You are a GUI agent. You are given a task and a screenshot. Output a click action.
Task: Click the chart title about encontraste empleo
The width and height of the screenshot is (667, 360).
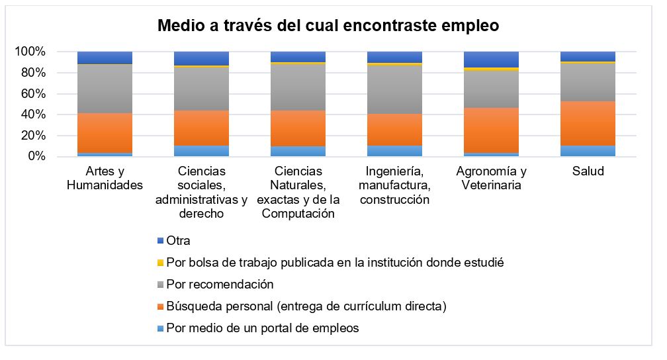tap(328, 26)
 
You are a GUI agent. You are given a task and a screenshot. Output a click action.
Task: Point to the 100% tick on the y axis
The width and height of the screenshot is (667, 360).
tap(30, 52)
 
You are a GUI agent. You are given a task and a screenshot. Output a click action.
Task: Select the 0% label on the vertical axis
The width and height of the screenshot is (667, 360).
tap(36, 157)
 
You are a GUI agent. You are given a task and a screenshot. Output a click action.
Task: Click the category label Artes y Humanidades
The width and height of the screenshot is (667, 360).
tap(105, 178)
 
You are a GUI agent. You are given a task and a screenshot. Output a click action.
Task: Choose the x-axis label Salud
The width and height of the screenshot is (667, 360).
tap(588, 171)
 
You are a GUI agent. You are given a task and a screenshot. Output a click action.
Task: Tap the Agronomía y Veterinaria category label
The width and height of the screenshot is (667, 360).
tap(491, 178)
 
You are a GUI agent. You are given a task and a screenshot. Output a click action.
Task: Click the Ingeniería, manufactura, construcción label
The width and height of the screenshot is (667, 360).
tap(394, 185)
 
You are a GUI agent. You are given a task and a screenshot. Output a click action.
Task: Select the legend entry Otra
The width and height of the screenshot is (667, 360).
tap(178, 241)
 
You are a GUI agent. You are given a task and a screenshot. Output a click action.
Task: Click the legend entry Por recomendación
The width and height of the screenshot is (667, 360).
tap(220, 285)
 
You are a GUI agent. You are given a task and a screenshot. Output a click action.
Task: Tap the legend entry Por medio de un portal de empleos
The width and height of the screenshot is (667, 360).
tap(263, 328)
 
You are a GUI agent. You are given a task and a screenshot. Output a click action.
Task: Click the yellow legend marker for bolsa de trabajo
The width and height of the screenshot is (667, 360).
tap(159, 263)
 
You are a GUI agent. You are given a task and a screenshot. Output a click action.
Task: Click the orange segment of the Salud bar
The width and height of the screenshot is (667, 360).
tap(588, 123)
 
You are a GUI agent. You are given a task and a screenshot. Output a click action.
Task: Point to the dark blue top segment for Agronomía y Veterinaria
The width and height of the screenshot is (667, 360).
tap(491, 59)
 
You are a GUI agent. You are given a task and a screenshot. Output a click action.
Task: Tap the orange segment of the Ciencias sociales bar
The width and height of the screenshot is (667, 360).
tap(201, 128)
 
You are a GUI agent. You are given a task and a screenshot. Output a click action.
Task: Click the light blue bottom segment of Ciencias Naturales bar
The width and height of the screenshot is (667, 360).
tap(298, 152)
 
